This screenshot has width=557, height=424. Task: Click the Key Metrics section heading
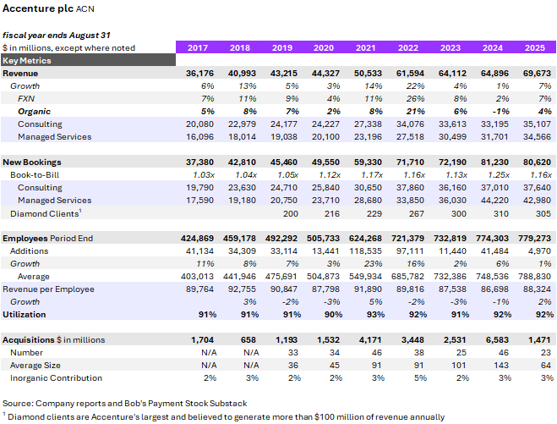coord(27,61)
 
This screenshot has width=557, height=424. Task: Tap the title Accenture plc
coord(37,10)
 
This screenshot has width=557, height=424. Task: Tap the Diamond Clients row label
coord(43,213)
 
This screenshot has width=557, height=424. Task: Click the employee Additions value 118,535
coord(365,251)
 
